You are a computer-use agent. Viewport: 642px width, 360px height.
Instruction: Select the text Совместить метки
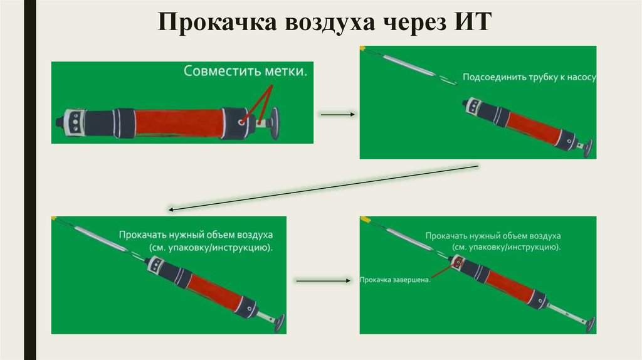point(246,71)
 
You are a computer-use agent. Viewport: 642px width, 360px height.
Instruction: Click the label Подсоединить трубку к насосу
point(529,77)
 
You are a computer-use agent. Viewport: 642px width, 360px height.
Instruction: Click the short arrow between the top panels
point(337,115)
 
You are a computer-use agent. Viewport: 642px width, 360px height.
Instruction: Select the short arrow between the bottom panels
point(321,280)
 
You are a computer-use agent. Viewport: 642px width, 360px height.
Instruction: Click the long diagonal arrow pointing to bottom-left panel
point(323,186)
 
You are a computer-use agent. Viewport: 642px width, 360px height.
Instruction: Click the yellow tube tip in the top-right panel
point(362,48)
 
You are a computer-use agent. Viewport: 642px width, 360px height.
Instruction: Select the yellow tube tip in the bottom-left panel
point(55,218)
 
